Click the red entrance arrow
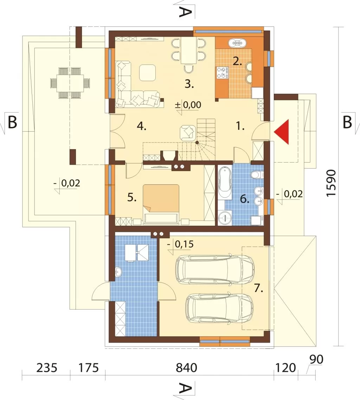point(283,132)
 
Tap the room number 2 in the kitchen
point(237,62)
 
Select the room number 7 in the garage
point(258,288)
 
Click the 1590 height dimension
point(332,183)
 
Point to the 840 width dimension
point(186,368)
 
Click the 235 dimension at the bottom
point(47,368)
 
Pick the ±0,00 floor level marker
point(188,105)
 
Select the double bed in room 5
point(161,198)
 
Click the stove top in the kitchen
point(222,72)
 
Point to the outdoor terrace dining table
point(70,83)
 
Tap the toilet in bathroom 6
point(257,175)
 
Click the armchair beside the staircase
point(188,132)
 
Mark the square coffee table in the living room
point(148,72)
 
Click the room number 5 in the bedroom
point(131,197)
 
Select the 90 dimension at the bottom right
point(316,360)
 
